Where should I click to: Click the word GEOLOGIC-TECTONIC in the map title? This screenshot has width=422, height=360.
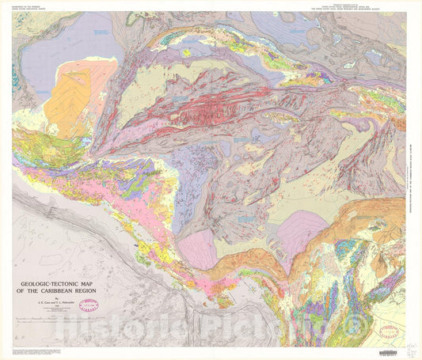coord(51,280)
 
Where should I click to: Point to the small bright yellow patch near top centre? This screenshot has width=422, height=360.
coord(187,53)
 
